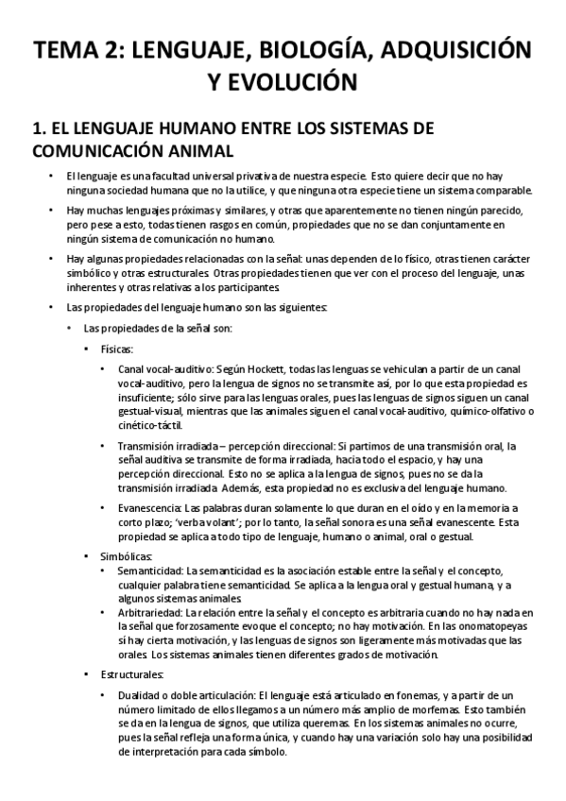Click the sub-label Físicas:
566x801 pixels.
click(119, 348)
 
